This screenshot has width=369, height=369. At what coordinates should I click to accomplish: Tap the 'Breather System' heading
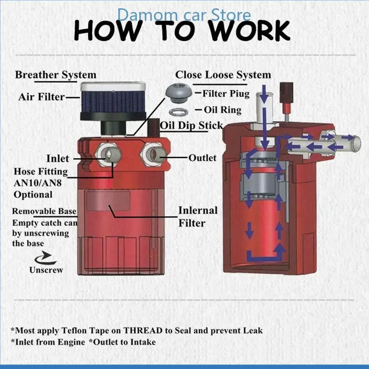point(56,75)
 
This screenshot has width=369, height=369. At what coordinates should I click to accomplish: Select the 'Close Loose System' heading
point(223,75)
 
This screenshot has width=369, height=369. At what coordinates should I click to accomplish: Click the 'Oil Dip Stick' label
point(191,125)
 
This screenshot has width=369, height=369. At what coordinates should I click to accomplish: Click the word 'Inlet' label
point(58,159)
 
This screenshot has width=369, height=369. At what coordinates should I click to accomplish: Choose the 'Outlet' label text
point(202,158)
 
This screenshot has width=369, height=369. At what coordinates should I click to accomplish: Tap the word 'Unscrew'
point(46,270)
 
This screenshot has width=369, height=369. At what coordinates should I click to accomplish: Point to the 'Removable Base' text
point(44,212)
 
